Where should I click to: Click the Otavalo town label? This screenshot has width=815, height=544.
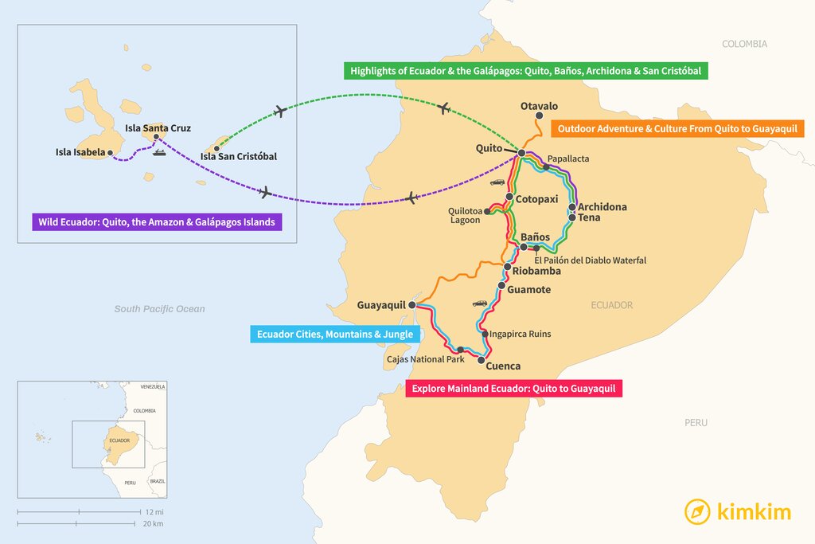(539, 106)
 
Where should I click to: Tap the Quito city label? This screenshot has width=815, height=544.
(489, 148)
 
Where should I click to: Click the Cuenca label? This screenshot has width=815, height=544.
(503, 366)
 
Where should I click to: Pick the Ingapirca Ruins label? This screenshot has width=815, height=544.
(521, 335)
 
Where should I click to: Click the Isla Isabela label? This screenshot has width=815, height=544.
(80, 152)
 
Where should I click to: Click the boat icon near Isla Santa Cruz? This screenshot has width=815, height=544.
(158, 153)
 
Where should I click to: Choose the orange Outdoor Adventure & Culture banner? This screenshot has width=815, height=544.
(677, 128)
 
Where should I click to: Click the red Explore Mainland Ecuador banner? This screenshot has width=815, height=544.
(513, 389)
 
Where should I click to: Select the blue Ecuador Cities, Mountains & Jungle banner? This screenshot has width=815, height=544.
(334, 335)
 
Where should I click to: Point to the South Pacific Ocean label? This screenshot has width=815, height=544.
(159, 309)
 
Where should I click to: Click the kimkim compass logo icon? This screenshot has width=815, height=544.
(697, 511)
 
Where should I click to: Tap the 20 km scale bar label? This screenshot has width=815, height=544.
(154, 523)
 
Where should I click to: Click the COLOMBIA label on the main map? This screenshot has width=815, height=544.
(744, 44)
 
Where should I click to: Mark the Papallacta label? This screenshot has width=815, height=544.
(568, 159)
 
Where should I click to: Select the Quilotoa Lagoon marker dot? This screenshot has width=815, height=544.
(487, 212)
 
